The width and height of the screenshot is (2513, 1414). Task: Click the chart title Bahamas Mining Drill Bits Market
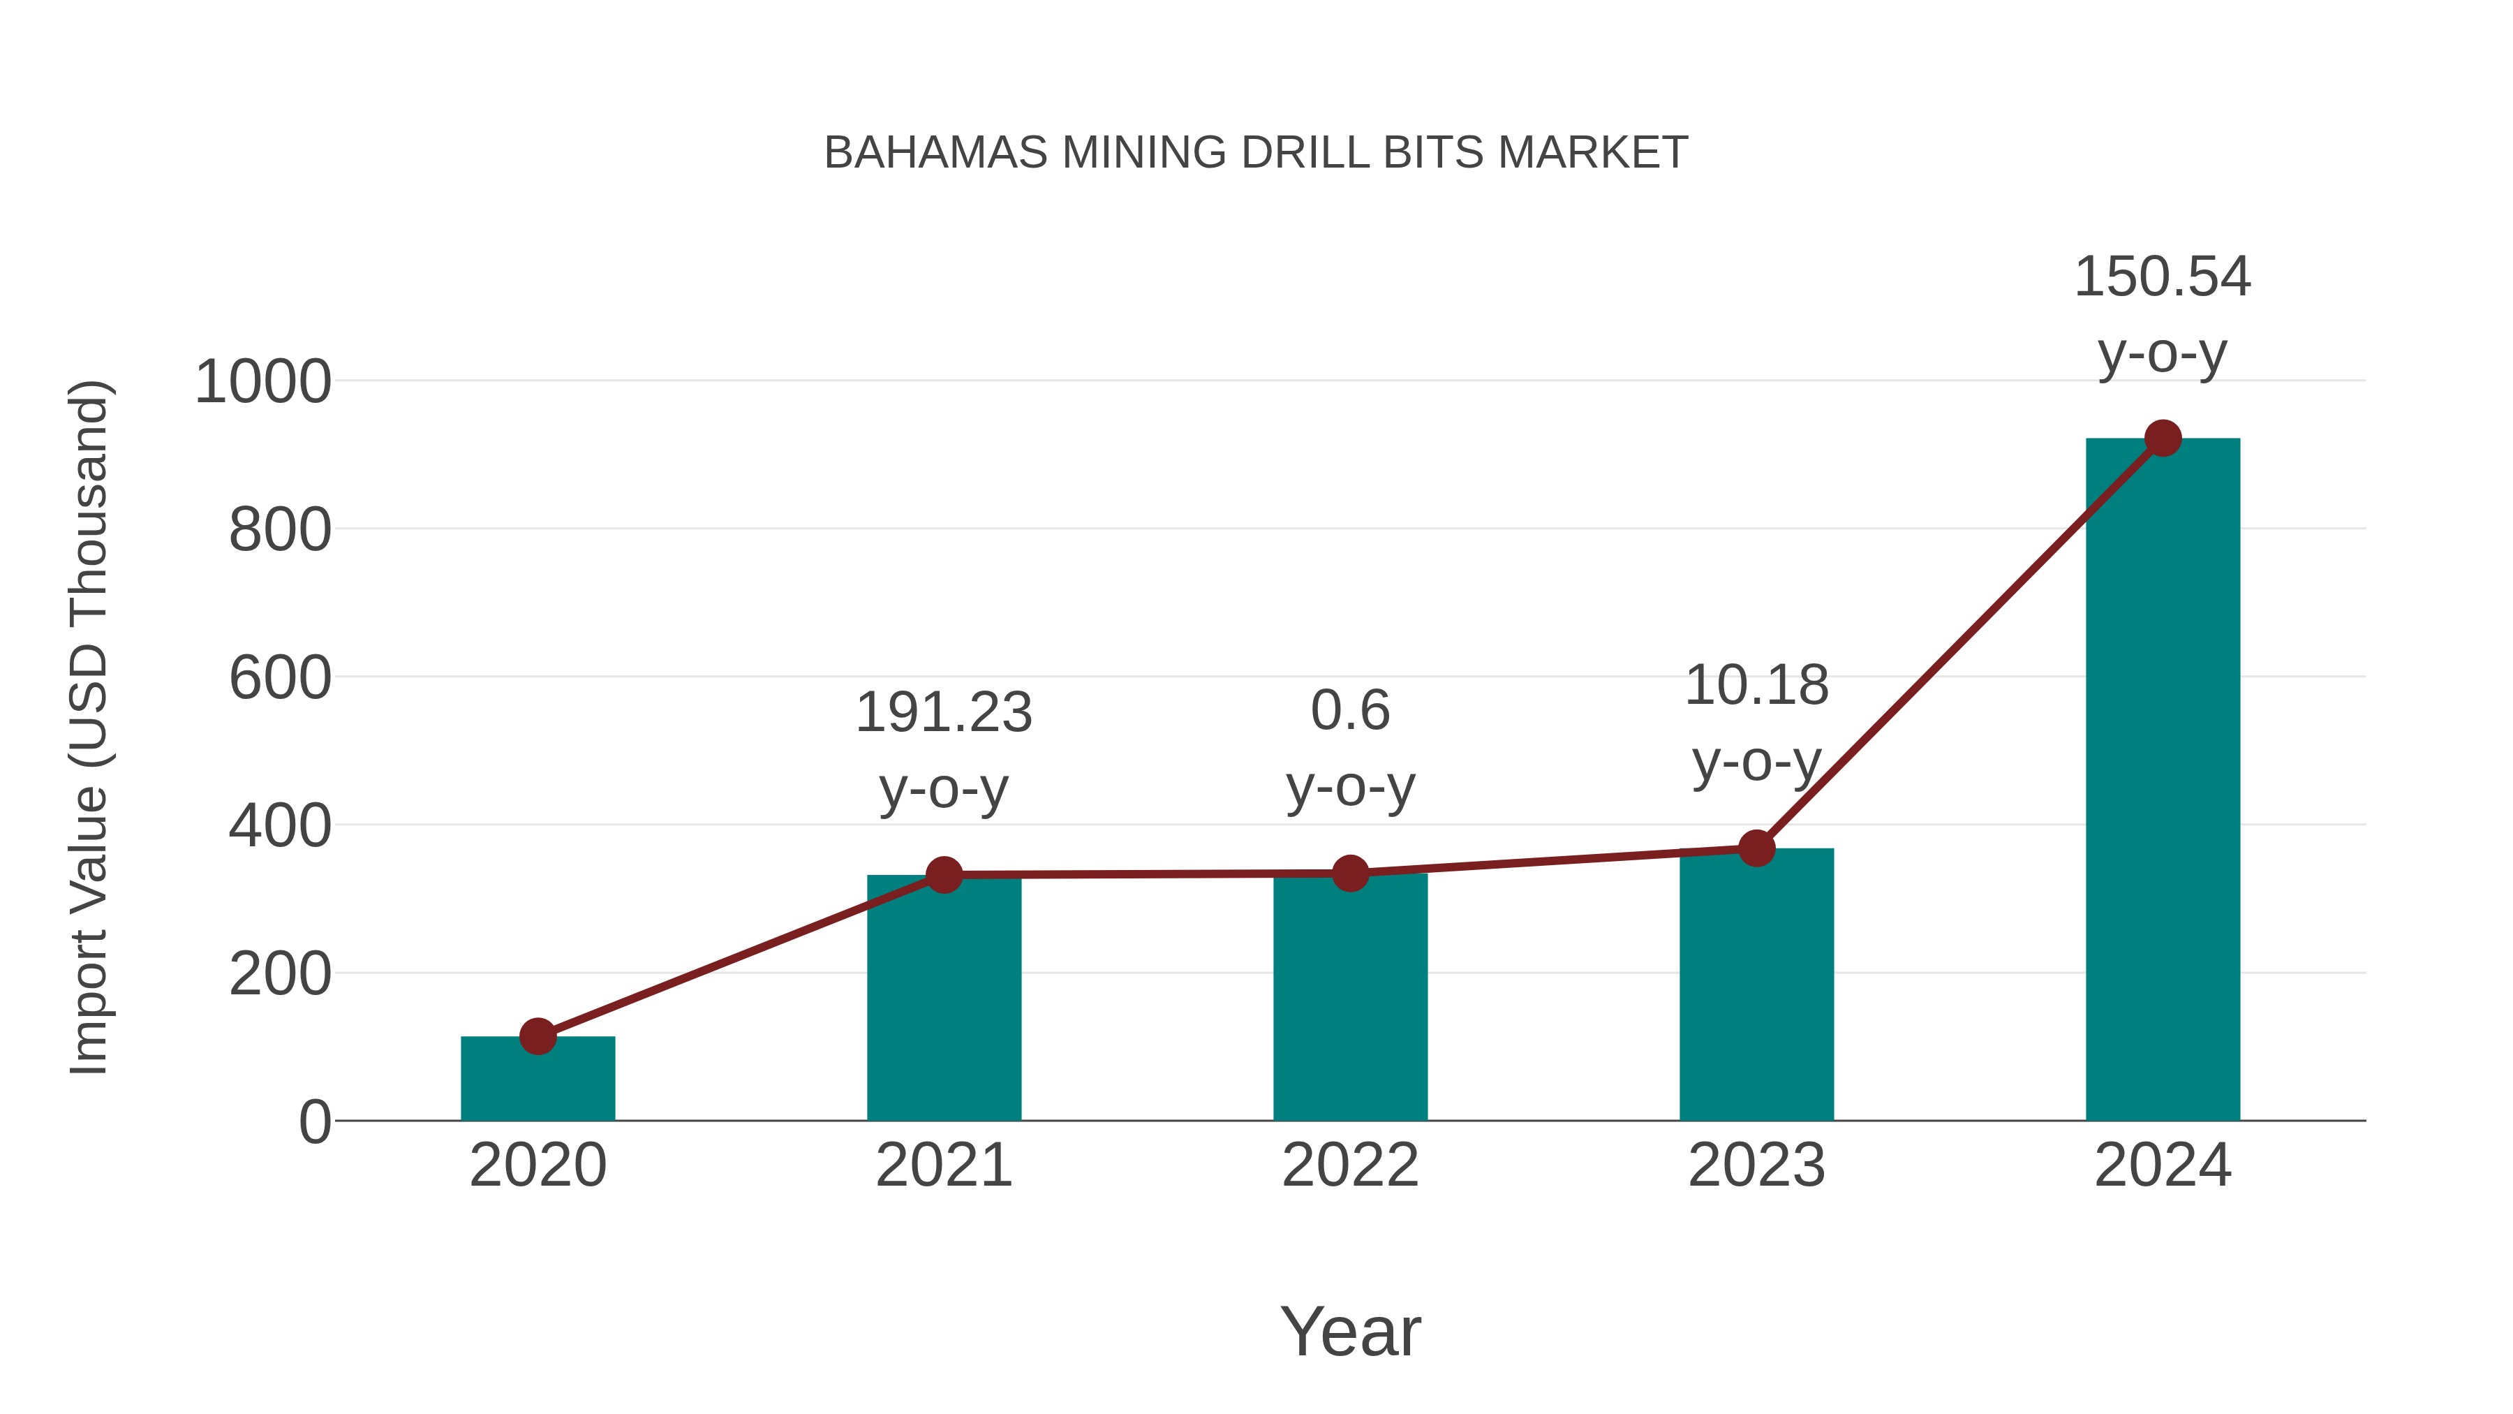[x=1256, y=153]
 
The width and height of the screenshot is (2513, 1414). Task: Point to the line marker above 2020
[x=538, y=1036]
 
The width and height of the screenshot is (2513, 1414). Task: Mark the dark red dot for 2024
[x=2163, y=439]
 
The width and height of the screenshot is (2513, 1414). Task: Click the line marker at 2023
[x=1756, y=848]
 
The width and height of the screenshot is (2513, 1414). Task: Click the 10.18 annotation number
[x=1756, y=685]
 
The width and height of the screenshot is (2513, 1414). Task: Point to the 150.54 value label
[x=2163, y=277]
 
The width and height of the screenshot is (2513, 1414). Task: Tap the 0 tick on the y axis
[x=315, y=1122]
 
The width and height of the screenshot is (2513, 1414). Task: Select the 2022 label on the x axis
[x=1350, y=1165]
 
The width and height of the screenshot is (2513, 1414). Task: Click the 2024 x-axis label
[x=2163, y=1165]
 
